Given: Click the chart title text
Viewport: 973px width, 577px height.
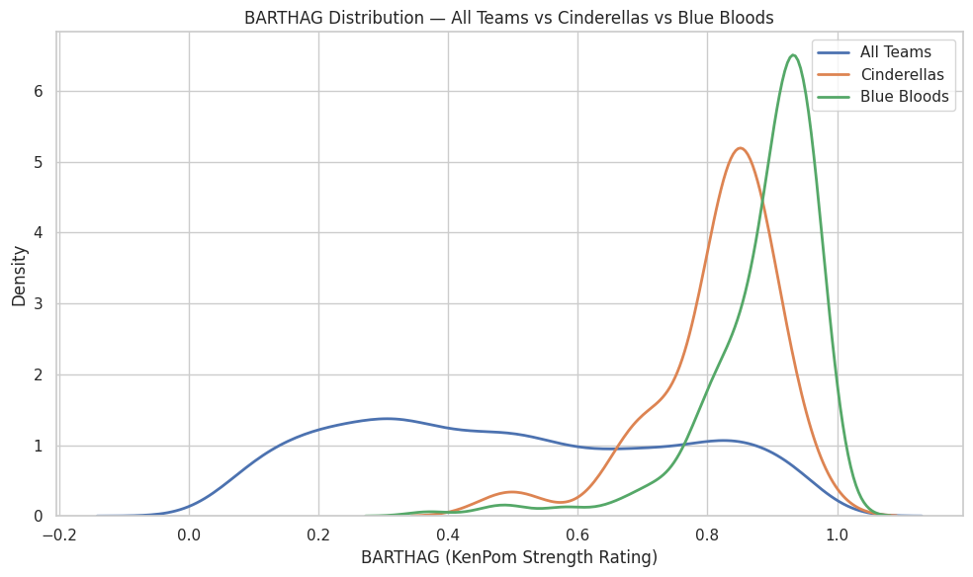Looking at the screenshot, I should (x=509, y=17).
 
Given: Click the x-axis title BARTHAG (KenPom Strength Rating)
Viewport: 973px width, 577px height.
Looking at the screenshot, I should (x=509, y=557).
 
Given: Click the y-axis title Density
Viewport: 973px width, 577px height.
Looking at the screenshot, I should (x=19, y=275).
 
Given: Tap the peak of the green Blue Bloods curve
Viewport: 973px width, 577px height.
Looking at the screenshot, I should (x=793, y=55).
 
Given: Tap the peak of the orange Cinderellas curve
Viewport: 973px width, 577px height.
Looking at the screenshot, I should (x=740, y=148).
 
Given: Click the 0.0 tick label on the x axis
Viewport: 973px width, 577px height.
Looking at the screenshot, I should (x=189, y=535).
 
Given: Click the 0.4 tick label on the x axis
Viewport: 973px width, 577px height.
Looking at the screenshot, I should (x=448, y=535).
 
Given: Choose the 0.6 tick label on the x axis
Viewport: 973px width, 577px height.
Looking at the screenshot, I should (x=577, y=535).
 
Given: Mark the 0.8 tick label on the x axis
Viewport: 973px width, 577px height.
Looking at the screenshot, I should (x=707, y=535).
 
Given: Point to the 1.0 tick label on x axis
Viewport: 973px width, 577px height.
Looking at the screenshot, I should (x=837, y=535).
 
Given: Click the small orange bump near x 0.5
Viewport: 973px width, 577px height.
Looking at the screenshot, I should (x=510, y=491).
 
